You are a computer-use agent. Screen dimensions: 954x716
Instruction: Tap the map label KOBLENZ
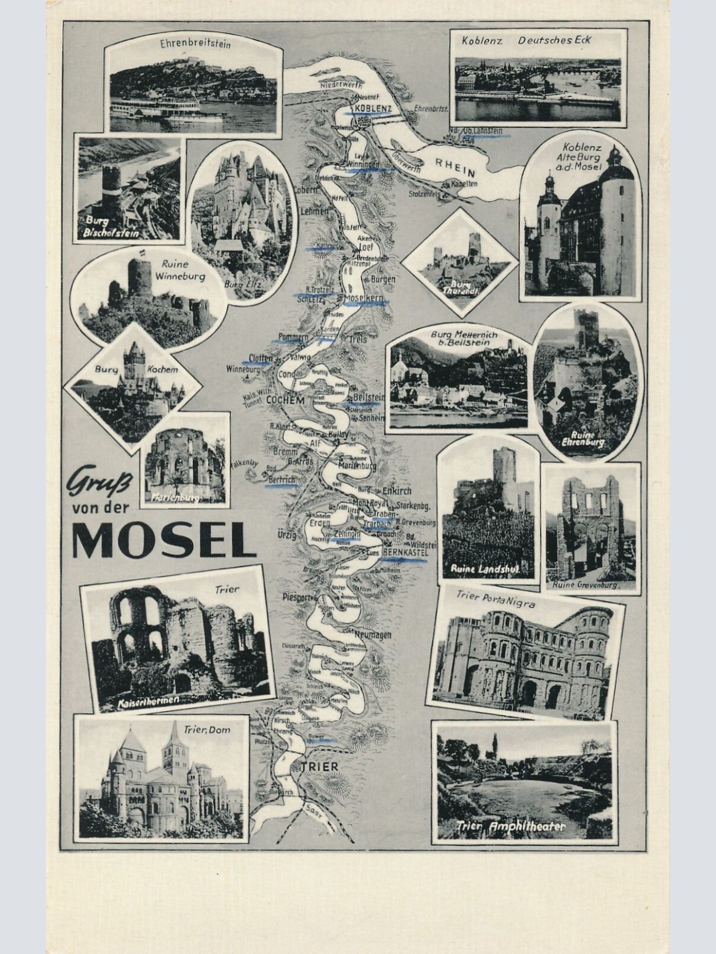[x=372, y=108]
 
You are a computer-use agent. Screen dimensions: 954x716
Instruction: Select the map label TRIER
[x=319, y=766]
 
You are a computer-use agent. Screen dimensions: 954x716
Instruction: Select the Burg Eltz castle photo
[x=242, y=206]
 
